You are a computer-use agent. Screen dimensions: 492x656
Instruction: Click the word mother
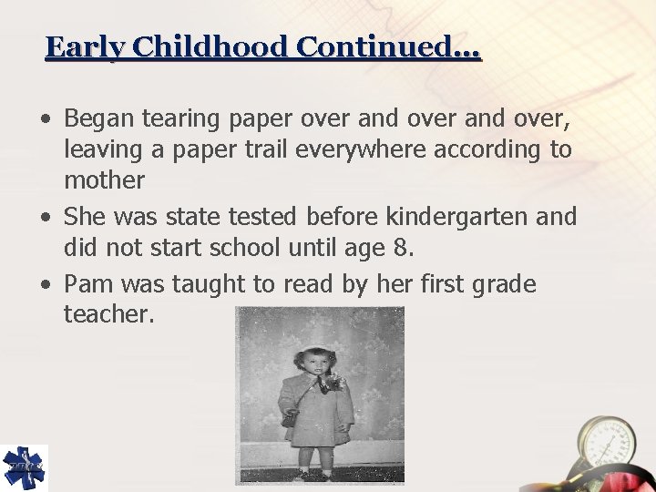pyautogui.click(x=104, y=179)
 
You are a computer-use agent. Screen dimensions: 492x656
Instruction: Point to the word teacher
pyautogui.click(x=109, y=315)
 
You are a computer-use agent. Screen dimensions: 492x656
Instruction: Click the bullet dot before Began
pyautogui.click(x=46, y=118)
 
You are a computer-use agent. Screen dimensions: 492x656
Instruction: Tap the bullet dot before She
pyautogui.click(x=46, y=218)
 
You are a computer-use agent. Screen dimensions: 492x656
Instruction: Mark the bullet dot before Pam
pyautogui.click(x=46, y=285)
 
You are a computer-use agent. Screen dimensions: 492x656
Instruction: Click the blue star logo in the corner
pyautogui.click(x=24, y=467)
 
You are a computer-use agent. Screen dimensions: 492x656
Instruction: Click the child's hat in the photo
pyautogui.click(x=317, y=350)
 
